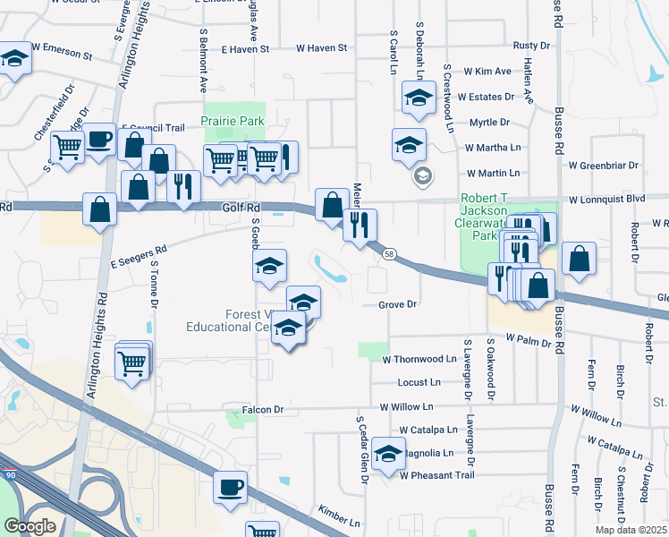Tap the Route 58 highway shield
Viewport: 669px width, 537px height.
click(388, 255)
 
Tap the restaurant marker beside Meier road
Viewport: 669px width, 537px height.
click(360, 224)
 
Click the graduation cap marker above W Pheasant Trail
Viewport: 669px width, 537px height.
click(388, 456)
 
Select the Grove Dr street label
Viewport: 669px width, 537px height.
click(398, 304)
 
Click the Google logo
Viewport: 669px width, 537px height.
click(30, 526)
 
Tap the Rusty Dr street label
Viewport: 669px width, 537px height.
click(529, 45)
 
